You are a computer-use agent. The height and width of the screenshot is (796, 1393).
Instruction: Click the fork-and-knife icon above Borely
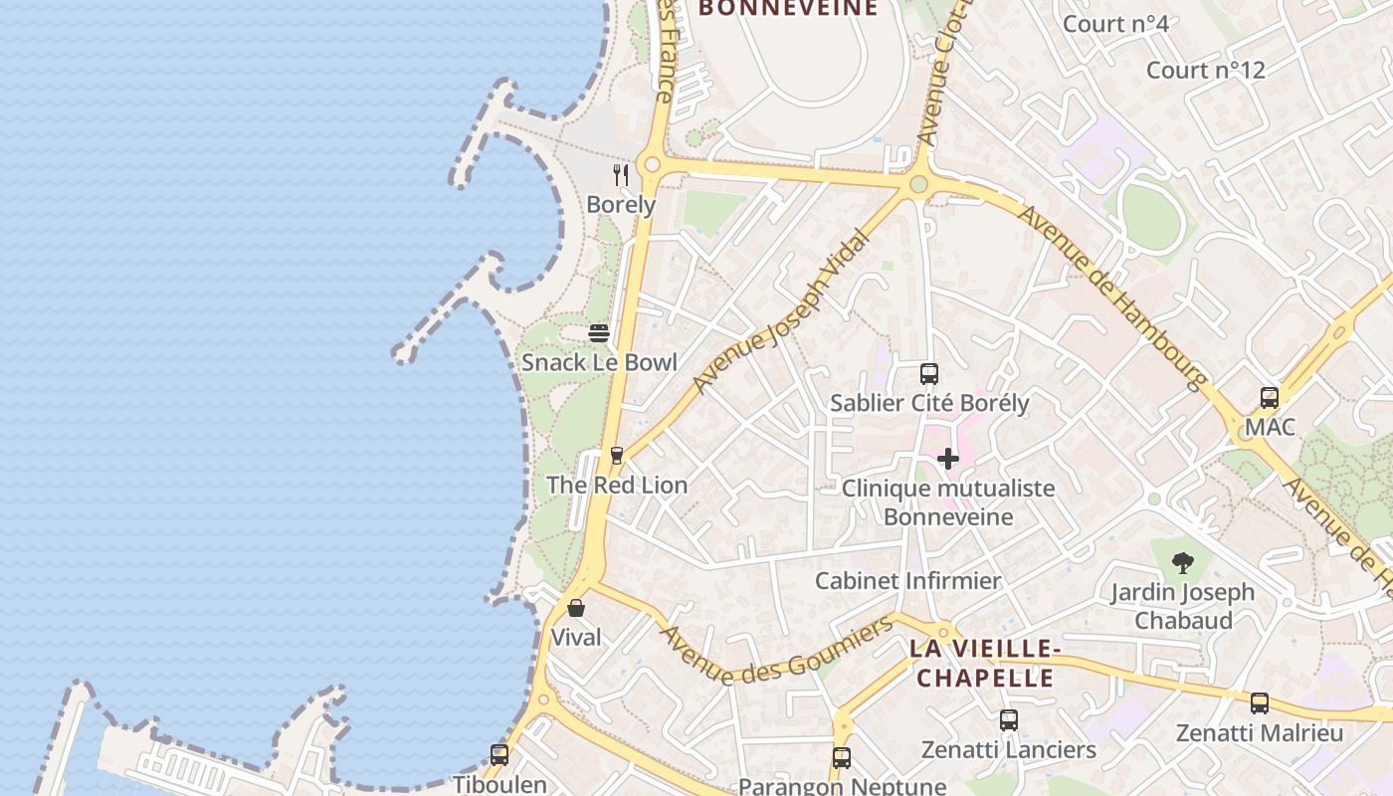tap(621, 176)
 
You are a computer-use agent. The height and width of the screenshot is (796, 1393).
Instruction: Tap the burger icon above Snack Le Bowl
tap(599, 333)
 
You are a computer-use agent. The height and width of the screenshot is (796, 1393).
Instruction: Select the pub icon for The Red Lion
tap(616, 456)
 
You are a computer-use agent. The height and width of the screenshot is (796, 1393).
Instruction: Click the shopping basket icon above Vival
tap(576, 607)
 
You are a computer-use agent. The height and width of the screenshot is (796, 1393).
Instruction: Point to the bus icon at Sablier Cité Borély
tap(929, 374)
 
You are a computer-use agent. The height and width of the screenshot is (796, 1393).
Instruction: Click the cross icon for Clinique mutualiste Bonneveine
tap(948, 459)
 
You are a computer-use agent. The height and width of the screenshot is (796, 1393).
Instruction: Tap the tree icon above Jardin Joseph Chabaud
tap(1182, 563)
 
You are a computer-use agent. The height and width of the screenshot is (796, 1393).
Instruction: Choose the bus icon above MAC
tap(1270, 398)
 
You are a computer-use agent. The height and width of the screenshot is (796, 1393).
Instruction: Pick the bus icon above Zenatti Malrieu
tap(1260, 703)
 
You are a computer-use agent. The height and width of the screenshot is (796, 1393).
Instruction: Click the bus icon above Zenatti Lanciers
tap(1009, 720)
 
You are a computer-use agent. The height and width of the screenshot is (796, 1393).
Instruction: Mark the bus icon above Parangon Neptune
tap(842, 757)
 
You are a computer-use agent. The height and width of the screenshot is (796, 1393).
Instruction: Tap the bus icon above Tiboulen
tap(499, 755)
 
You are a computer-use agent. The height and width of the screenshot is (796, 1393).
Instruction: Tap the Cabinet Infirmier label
tap(907, 581)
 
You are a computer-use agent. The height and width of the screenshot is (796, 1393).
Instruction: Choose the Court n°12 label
tap(1205, 71)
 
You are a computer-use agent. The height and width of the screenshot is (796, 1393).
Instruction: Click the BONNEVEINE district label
tap(788, 9)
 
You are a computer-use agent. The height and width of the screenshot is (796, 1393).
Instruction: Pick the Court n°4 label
tap(1115, 24)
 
